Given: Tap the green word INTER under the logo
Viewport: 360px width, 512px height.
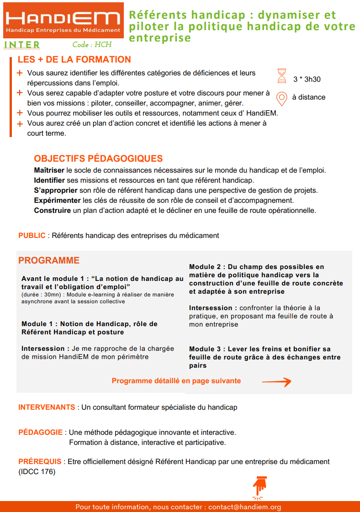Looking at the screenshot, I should pos(21,45).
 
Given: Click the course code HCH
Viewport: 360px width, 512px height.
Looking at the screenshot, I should pos(92,45).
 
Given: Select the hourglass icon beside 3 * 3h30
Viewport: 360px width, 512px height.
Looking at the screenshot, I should pos(282,76).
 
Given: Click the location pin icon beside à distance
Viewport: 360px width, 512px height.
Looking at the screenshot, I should pos(282,97).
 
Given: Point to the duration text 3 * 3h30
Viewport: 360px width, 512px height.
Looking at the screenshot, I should pos(307,79).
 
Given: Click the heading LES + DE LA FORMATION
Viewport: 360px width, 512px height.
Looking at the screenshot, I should pos(74,60).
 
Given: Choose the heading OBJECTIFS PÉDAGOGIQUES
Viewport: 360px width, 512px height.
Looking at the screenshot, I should pos(98,159).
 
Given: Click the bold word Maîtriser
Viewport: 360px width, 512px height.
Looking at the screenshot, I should pos(49,170).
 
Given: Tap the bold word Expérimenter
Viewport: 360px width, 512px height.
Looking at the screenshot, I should pos(58,201).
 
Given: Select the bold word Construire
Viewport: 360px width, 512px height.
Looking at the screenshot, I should pos(52,211).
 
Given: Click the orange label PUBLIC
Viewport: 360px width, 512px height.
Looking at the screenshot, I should pos(32,236).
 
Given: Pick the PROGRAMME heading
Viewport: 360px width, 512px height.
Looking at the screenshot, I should pos(49,260).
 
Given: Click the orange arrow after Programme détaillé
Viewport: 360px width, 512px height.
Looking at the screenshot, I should pos(276,382).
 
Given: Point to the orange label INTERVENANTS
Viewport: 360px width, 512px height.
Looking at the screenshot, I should pos(47,407).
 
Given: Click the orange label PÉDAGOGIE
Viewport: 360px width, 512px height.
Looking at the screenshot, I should pos(41,432).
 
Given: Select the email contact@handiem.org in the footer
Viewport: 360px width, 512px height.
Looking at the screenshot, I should pos(244,507).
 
